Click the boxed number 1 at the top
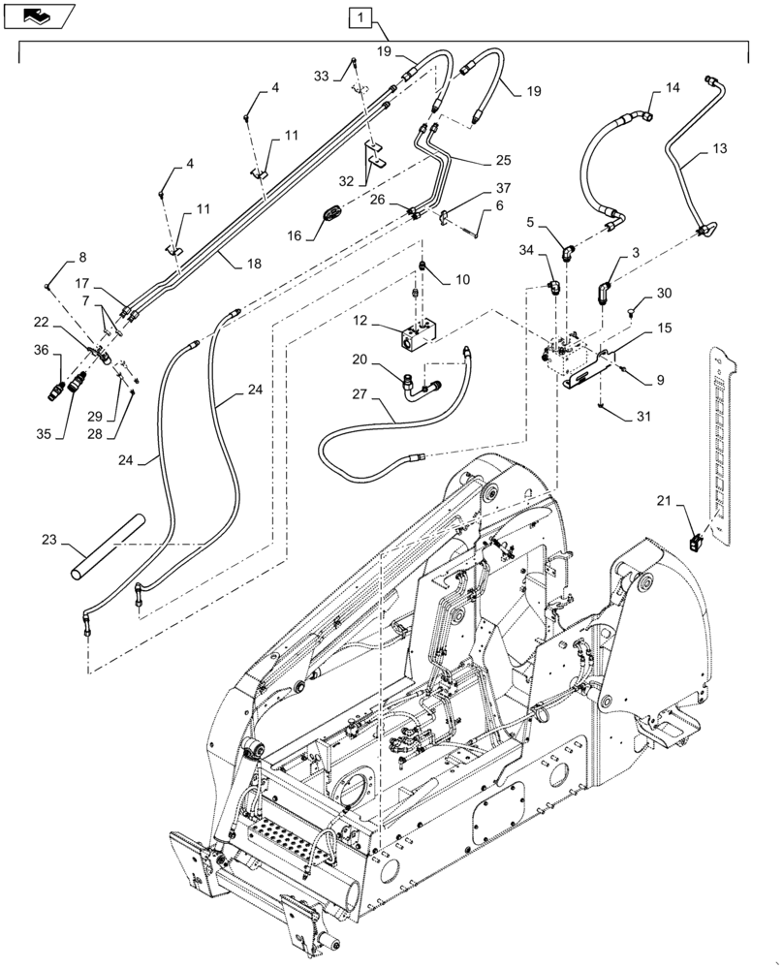(360, 16)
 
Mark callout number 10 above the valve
(462, 279)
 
